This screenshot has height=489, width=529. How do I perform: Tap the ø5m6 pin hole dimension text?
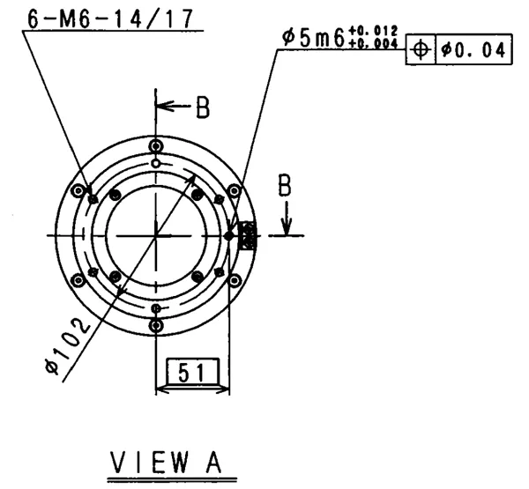313,40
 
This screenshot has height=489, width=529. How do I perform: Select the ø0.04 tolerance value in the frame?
474,51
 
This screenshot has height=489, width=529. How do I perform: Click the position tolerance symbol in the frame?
421,51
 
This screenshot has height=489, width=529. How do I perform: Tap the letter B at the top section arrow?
203,107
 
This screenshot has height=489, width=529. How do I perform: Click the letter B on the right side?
285,186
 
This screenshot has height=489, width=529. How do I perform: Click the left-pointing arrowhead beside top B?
164,107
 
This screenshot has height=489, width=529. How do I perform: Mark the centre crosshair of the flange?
156,235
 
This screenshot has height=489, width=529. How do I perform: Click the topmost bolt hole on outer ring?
156,145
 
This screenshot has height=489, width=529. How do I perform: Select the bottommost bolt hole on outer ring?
156,325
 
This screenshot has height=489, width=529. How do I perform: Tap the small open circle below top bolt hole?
156,163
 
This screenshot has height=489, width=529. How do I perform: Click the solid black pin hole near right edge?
228,235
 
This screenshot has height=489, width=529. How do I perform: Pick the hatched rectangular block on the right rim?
247,235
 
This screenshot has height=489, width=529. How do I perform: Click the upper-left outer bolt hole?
78,190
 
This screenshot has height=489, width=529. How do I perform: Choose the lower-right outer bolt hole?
234,280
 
